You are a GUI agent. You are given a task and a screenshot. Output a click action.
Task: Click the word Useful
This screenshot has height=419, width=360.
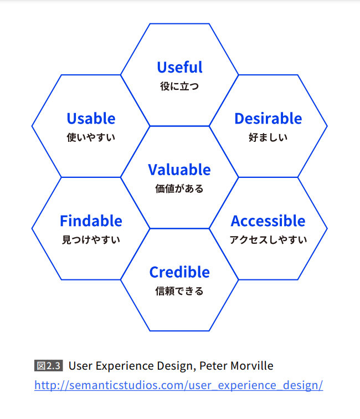(180, 67)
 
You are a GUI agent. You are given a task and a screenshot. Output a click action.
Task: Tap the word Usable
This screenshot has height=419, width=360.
(91, 119)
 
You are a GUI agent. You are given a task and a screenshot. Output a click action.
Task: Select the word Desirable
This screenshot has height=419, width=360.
(268, 119)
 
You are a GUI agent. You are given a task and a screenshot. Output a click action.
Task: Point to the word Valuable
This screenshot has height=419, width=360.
(179, 170)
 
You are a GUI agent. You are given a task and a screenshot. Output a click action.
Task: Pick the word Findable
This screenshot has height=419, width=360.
(91, 221)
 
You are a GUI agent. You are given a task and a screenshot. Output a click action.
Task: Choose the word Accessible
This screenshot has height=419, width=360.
(268, 221)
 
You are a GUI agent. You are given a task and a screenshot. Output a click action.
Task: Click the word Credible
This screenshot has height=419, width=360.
(179, 272)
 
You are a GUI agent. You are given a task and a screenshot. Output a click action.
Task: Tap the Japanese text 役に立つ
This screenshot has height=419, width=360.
(179, 86)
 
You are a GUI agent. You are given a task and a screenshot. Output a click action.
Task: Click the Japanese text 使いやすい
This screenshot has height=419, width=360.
(91, 137)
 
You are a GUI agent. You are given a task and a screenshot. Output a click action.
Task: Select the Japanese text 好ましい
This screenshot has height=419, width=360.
(268, 137)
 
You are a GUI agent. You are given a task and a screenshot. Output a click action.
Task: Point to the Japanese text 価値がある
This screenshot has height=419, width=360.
(179, 188)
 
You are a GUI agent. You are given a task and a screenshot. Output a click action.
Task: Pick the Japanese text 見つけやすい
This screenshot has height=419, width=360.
(91, 239)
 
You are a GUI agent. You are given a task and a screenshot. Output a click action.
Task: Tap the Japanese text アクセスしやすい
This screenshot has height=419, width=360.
(269, 239)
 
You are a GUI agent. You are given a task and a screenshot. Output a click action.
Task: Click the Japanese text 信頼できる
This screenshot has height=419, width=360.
(179, 291)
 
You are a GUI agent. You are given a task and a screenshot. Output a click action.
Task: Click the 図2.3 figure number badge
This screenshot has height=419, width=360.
(49, 366)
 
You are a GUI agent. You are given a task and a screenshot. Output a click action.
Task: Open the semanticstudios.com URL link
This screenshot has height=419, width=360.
(179, 385)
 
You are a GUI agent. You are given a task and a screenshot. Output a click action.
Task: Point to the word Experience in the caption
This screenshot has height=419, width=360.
(125, 366)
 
